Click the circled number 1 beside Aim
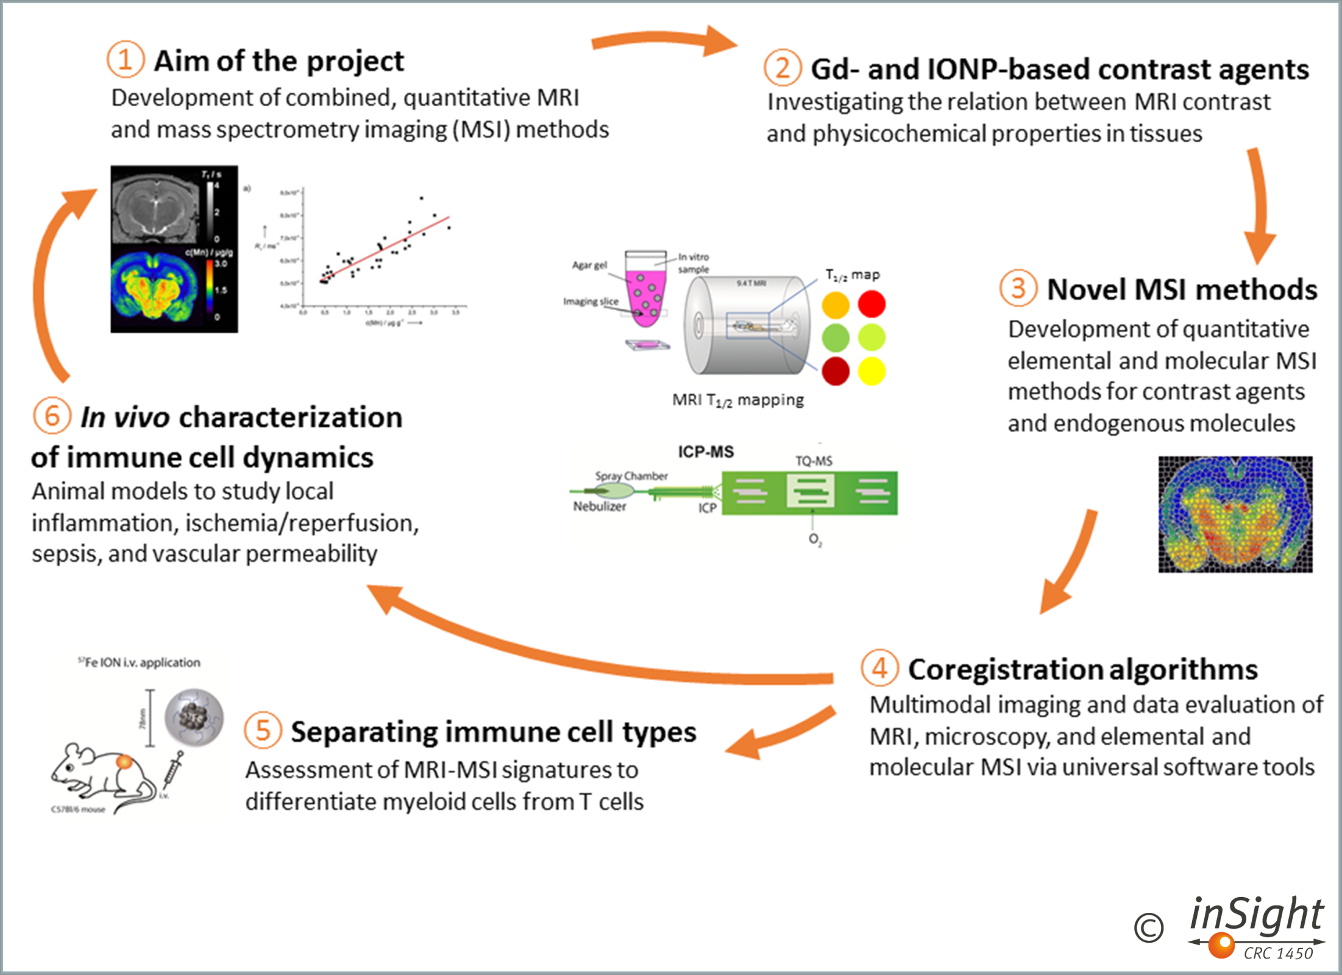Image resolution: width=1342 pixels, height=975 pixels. coord(126,60)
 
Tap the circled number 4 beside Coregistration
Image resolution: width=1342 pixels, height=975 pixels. coord(879,668)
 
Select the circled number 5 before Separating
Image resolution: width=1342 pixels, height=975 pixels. coord(263,730)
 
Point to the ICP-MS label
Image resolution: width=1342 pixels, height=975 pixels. coord(706,452)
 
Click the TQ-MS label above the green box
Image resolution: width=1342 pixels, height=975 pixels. coord(814,461)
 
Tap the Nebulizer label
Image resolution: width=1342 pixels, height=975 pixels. coord(599,506)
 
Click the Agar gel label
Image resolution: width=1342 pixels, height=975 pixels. coord(589,264)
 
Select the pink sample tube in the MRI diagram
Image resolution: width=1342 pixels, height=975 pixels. coord(645,289)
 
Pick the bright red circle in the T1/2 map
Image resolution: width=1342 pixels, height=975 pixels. coord(872,304)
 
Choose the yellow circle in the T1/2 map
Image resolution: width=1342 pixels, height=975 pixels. coord(872,371)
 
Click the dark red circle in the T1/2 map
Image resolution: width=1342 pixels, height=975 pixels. coord(836,371)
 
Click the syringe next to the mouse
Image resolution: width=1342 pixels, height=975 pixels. coord(172,770)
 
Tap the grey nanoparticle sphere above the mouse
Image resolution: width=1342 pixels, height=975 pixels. coord(194,717)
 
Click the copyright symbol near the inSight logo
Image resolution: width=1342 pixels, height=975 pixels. coord(1148,928)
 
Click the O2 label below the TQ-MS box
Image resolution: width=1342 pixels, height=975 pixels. coord(815,539)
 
